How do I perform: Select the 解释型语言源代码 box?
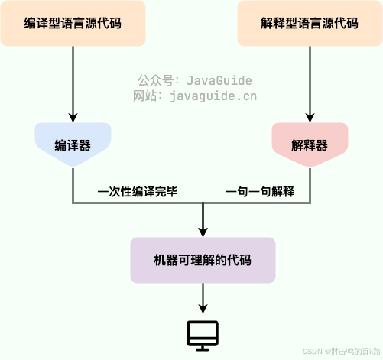310,23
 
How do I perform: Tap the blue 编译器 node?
73,144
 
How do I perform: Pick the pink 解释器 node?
310,144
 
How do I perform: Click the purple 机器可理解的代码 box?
203,261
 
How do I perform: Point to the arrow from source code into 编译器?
73,84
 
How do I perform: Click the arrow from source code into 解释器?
310,84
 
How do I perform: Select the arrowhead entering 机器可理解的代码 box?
203,231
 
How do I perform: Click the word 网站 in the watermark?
145,96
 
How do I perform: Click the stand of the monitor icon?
203,347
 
